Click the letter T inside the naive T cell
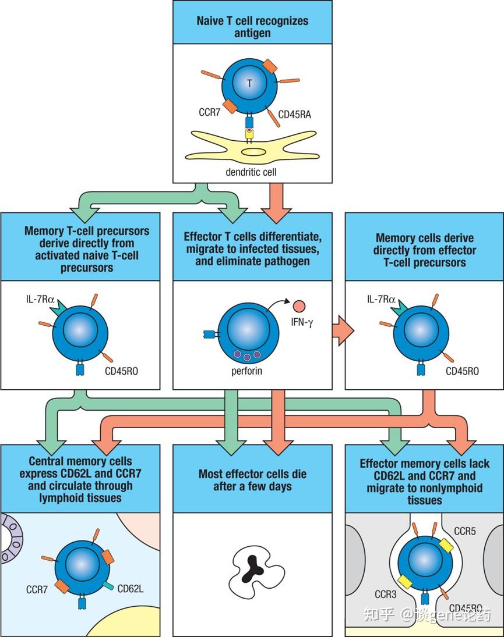pyautogui.click(x=249, y=83)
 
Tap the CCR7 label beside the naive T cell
pyautogui.click(x=209, y=112)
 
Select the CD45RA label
pyautogui.click(x=294, y=115)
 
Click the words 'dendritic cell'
pyautogui.click(x=251, y=172)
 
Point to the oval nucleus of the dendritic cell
pyautogui.click(x=253, y=152)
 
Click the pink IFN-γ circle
pyautogui.click(x=299, y=306)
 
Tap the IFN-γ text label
pyautogui.click(x=302, y=322)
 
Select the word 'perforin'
pyautogui.click(x=247, y=371)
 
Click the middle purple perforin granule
pyautogui.click(x=247, y=357)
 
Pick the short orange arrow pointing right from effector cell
pyautogui.click(x=343, y=330)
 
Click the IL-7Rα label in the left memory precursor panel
pyautogui.click(x=40, y=300)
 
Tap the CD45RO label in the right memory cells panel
pyautogui.click(x=462, y=371)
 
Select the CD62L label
pyautogui.click(x=130, y=589)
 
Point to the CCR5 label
pyautogui.click(x=464, y=531)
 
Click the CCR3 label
pyautogui.click(x=385, y=595)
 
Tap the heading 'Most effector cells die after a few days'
pyautogui.click(x=253, y=480)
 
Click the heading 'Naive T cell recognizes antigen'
pyautogui.click(x=253, y=26)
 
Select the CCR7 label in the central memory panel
pyautogui.click(x=37, y=589)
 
